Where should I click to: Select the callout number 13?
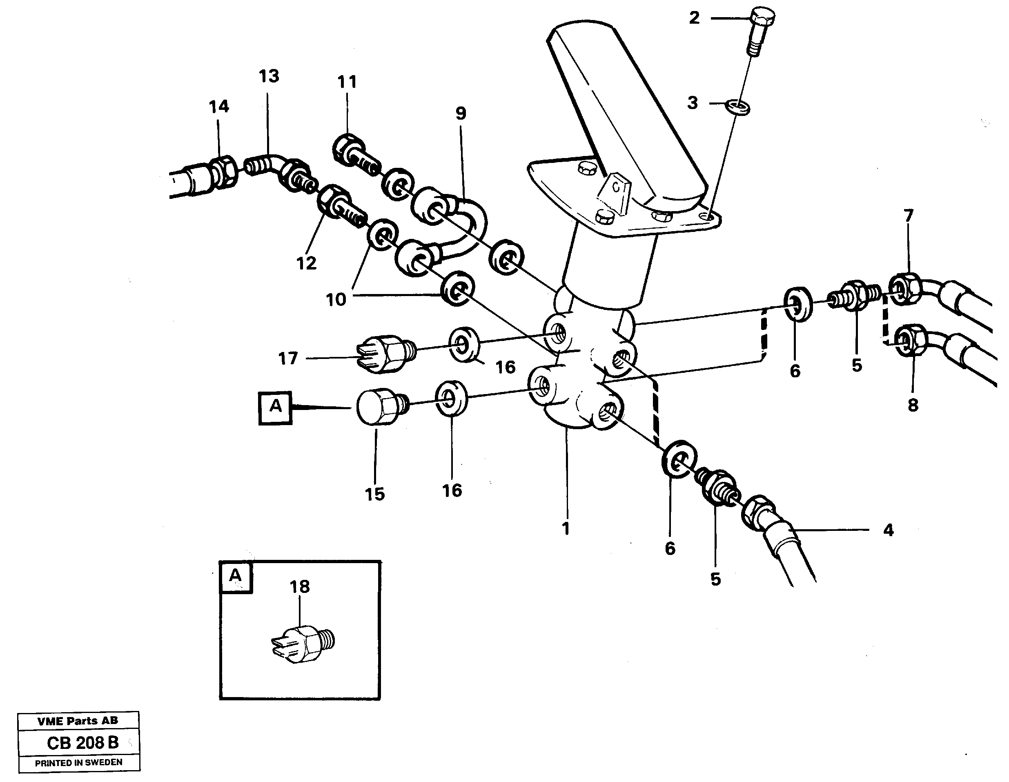click(268, 76)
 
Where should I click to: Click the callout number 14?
click(218, 107)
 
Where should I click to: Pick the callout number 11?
click(347, 82)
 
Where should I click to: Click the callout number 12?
click(306, 263)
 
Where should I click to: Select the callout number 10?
click(336, 300)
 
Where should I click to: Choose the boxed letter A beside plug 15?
click(275, 408)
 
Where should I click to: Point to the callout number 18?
click(299, 587)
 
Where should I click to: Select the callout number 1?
click(566, 528)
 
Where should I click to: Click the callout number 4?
click(888, 530)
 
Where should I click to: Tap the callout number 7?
click(908, 215)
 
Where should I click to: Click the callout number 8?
click(913, 405)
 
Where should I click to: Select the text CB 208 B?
click(83, 742)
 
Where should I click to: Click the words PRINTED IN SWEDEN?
click(78, 762)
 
